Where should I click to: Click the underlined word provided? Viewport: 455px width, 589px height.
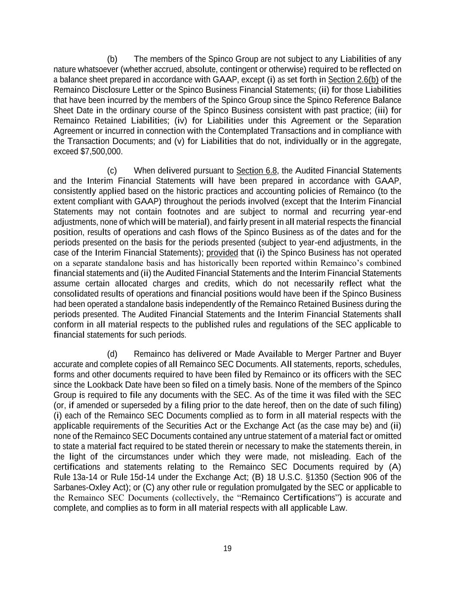point(222,253)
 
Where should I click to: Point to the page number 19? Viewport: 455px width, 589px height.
point(227,548)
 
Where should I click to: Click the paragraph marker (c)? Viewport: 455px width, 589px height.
point(112,170)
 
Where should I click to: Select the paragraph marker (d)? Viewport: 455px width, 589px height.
point(112,354)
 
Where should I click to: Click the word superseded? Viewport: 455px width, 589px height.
point(131,405)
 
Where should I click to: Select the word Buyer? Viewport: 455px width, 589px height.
point(390,354)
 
